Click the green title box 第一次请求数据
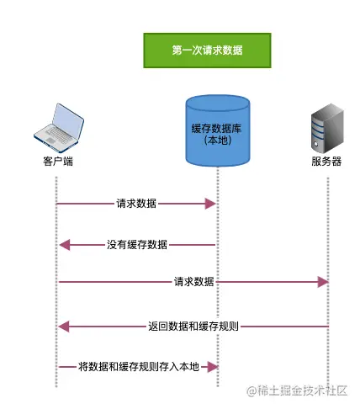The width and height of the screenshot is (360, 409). click(x=208, y=50)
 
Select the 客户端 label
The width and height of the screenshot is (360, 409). click(x=57, y=161)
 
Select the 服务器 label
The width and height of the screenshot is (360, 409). click(x=326, y=161)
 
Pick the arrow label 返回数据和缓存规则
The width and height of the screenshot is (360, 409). click(x=194, y=326)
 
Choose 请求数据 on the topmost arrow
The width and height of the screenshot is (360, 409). click(x=136, y=204)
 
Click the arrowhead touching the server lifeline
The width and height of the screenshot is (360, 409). click(x=321, y=281)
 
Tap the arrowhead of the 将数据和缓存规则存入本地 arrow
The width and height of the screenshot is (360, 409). click(x=212, y=366)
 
